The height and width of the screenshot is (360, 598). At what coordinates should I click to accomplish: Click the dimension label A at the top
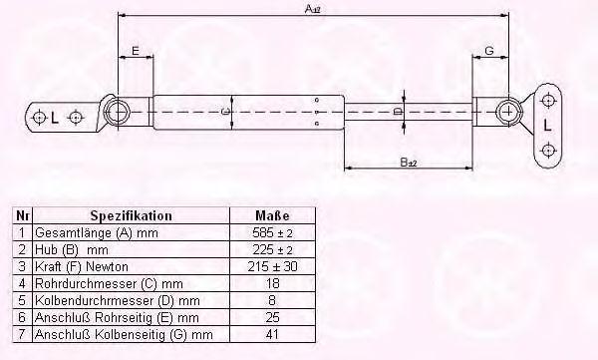point(312,9)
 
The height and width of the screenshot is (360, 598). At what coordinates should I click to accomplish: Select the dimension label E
point(136,51)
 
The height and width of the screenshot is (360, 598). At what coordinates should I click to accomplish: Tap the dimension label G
point(489,51)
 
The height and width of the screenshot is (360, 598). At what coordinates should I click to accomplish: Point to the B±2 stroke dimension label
point(409,163)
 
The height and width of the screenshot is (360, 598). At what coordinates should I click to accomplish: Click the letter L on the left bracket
point(55,118)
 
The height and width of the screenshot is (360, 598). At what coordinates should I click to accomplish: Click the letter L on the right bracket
point(547,126)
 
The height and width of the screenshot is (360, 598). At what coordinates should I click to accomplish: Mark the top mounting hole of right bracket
point(548,101)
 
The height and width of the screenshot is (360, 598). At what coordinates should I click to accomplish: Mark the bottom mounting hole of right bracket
point(548,150)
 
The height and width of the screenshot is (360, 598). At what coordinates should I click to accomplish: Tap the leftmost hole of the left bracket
point(39,118)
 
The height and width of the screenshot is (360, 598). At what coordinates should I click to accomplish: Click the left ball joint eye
point(117,113)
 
